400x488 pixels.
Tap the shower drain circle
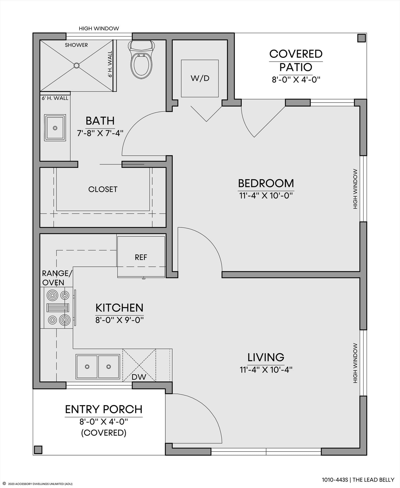76,65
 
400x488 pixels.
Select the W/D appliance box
200,78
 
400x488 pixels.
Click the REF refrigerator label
141,257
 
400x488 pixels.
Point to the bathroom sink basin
55,128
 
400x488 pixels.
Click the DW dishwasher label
139,377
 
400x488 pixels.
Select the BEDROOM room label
266,183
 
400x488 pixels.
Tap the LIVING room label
266,357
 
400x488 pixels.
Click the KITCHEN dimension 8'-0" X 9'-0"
120,320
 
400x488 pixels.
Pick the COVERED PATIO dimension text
296,79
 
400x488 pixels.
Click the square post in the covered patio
361,38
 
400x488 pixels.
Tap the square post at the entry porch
38,450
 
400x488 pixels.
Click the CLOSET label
103,189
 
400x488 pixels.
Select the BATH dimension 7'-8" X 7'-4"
100,133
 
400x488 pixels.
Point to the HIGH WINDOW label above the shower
99,28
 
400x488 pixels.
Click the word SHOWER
76,45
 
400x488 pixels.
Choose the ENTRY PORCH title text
104,409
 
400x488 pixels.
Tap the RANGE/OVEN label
57,278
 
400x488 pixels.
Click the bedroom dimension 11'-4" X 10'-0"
266,196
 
